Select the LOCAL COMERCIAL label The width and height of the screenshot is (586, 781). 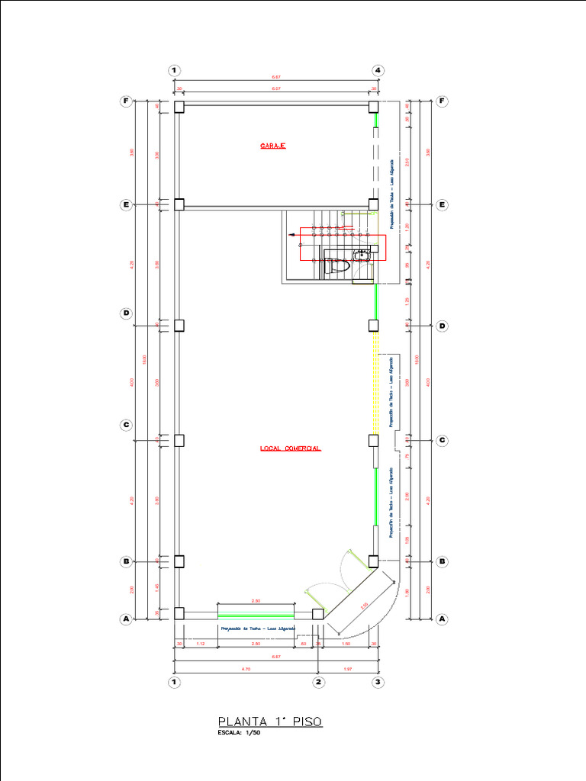290,448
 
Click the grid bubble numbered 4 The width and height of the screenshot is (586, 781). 378,70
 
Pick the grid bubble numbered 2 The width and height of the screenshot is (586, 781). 318,682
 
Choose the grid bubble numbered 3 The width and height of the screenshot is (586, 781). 378,682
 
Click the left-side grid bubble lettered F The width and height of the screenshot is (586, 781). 126,101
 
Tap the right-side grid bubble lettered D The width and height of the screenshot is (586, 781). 442,326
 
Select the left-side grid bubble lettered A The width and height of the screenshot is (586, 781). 126,619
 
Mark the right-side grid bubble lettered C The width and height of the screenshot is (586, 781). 442,440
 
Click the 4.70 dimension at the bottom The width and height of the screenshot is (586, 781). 246,668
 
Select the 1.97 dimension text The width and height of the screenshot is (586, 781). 348,668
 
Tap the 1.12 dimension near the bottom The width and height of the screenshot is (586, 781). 201,644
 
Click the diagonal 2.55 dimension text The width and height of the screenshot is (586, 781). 365,606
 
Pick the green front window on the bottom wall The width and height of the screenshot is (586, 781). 256,614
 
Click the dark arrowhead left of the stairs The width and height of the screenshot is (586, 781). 291,236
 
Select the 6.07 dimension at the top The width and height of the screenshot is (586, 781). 275,89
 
